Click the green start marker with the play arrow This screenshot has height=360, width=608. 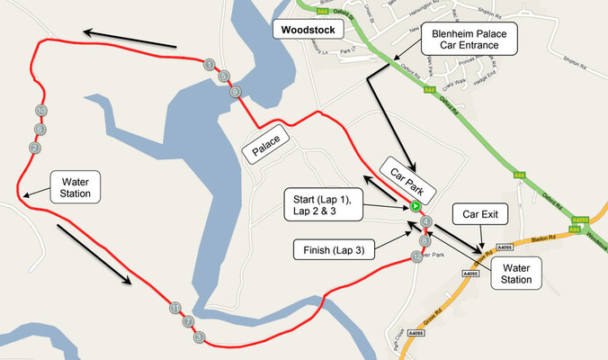click(416, 206)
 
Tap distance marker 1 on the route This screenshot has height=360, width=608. click(210, 64)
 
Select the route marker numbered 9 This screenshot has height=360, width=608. click(235, 92)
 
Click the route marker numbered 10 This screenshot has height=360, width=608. click(40, 110)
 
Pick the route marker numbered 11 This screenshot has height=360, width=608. click(174, 309)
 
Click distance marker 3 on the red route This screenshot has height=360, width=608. click(199, 337)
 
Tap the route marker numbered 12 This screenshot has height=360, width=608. click(416, 256)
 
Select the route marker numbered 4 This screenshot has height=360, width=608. click(426, 221)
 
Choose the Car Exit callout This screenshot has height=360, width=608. click(486, 216)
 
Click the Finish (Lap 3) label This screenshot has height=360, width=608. click(335, 249)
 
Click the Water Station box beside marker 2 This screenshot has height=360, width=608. click(76, 186)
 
